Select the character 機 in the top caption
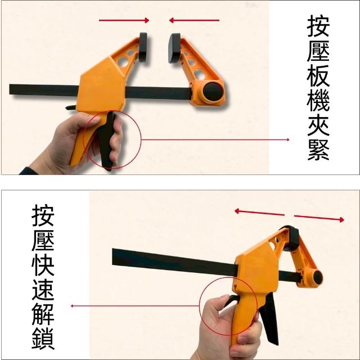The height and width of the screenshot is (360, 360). coord(318,100)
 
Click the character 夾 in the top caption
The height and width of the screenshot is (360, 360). coord(318,125)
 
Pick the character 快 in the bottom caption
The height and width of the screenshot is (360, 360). coord(43,265)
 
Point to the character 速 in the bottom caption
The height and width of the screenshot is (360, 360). coord(43,290)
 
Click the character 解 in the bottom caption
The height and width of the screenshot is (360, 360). coord(43,314)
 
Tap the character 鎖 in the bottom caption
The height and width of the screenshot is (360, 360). coord(43,339)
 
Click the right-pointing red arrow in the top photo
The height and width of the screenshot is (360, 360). coord(124,20)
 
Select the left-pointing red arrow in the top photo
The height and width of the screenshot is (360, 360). coord(194,20)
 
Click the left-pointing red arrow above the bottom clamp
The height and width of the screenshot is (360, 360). coord(259,213)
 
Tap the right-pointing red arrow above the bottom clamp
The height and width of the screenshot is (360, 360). coord(319,218)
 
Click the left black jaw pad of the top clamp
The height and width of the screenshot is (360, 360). coord(143,47)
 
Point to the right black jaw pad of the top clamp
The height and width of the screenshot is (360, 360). coord(174,48)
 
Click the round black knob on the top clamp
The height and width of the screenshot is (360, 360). coord(213,91)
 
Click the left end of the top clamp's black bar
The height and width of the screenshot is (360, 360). coord(10,89)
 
